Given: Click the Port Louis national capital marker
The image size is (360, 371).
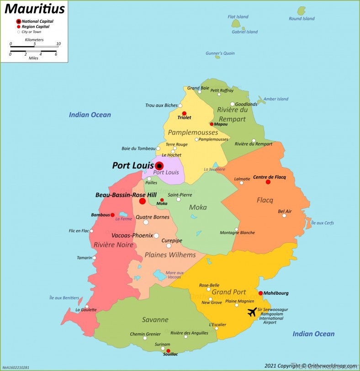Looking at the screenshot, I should tap(159, 166).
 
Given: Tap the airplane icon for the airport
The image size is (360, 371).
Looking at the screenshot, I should tap(252, 312).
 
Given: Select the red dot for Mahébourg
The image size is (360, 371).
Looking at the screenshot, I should tap(260, 293).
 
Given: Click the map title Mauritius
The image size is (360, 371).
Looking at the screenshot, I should tap(34, 9).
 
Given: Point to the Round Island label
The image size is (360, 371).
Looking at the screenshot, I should tap(302, 19).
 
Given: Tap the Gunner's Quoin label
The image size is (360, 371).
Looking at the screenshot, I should tap(220, 53).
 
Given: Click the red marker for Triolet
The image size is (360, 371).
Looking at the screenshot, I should tap(184, 114).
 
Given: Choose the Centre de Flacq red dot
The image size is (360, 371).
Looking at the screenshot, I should tap(268, 182).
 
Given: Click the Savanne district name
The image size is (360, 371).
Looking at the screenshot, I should tap(154, 320).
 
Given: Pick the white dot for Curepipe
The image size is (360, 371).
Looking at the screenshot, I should tap(169, 246).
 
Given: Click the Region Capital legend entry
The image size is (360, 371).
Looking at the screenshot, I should tap(36, 27).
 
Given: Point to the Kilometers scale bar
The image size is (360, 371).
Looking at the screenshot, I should tap(34, 46).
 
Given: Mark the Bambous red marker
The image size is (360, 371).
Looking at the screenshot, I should tap(112, 215).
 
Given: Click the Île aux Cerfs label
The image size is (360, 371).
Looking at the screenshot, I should tap(322, 223).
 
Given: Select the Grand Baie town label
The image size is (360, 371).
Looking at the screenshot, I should tap(198, 88).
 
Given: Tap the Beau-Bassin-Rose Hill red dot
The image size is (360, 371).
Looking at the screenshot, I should tap(143, 201).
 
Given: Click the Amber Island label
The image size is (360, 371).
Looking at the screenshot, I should tap(275, 99).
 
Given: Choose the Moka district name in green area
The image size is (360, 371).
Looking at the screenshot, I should tap(198, 208).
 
